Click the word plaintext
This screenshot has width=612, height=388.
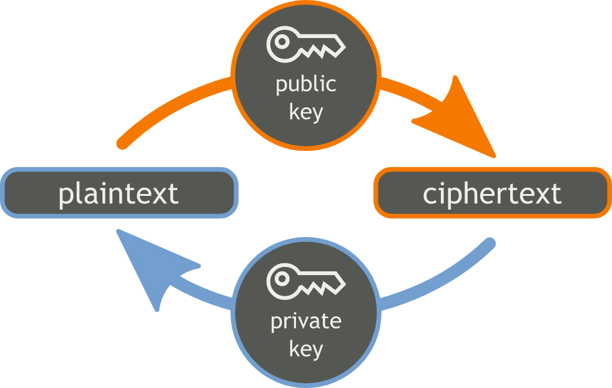(x=119, y=193)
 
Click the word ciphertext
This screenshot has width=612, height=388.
(x=492, y=193)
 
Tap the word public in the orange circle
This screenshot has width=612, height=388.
(x=306, y=84)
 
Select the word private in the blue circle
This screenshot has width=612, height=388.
(x=306, y=321)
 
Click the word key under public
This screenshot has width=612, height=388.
(x=306, y=112)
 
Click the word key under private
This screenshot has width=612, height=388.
(x=306, y=349)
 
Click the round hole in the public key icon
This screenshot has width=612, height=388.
(x=280, y=43)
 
